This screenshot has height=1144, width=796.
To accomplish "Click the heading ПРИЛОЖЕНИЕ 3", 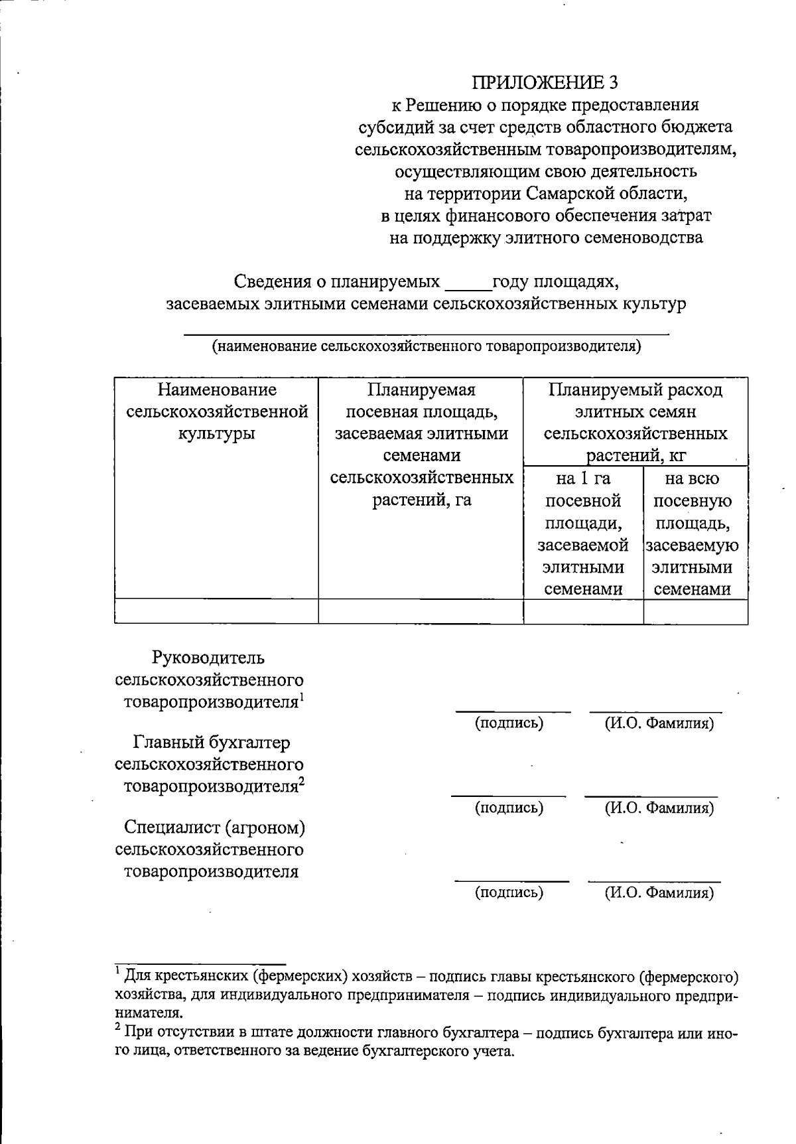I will click(545, 82).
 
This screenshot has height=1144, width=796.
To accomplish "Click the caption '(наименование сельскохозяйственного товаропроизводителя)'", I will click(426, 346).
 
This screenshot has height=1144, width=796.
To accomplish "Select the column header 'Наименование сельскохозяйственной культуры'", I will click(217, 411).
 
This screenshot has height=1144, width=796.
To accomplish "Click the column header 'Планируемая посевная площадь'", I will click(422, 445).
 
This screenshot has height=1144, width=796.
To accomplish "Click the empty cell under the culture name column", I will click(217, 611).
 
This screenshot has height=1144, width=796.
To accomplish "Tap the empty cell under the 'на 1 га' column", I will click(583, 611).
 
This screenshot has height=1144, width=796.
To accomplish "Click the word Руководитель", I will click(208, 658).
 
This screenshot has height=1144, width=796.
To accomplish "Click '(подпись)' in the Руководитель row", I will click(509, 723).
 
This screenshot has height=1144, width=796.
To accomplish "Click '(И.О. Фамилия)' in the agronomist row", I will click(658, 893).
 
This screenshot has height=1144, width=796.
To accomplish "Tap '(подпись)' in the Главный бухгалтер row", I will click(509, 808).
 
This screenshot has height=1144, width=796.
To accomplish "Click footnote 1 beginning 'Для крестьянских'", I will click(425, 995).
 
